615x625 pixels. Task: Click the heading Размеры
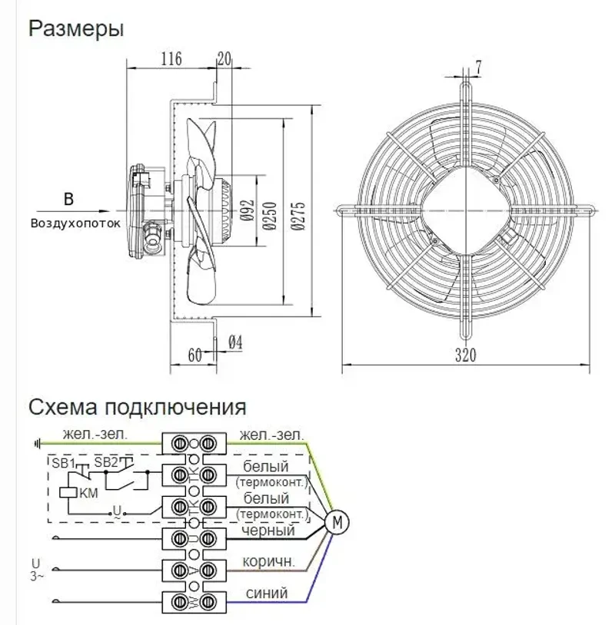click(x=76, y=30)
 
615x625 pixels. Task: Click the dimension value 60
click(x=194, y=355)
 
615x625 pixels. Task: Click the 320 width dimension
click(x=465, y=355)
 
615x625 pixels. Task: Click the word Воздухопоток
click(x=76, y=224)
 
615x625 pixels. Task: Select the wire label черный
click(x=268, y=531)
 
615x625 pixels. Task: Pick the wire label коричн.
click(x=268, y=561)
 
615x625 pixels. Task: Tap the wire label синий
click(x=267, y=593)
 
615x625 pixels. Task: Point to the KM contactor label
click(x=89, y=493)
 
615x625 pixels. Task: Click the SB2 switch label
click(x=106, y=462)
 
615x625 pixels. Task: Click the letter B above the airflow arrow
click(x=68, y=200)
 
